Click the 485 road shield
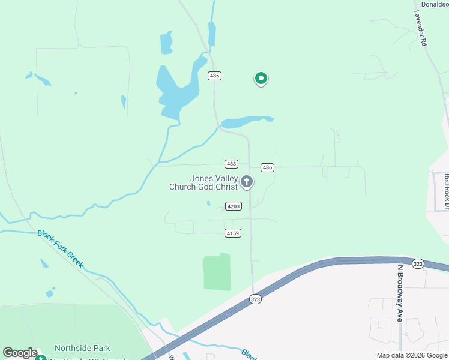tap(215, 76)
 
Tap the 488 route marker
tap(232, 164)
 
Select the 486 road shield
tap(268, 167)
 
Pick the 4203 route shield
tap(234, 206)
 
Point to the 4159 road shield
tap(234, 233)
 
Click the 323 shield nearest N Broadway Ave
tap(418, 263)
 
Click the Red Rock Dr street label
tap(446, 191)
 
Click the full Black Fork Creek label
tap(60, 249)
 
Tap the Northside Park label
tap(82, 348)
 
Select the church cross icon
tap(246, 181)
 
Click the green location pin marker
tap(261, 78)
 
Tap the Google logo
tap(20, 353)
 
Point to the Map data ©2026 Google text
tap(411, 355)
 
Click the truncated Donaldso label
tap(434, 4)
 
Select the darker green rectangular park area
tap(217, 272)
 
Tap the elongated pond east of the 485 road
tap(246, 122)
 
